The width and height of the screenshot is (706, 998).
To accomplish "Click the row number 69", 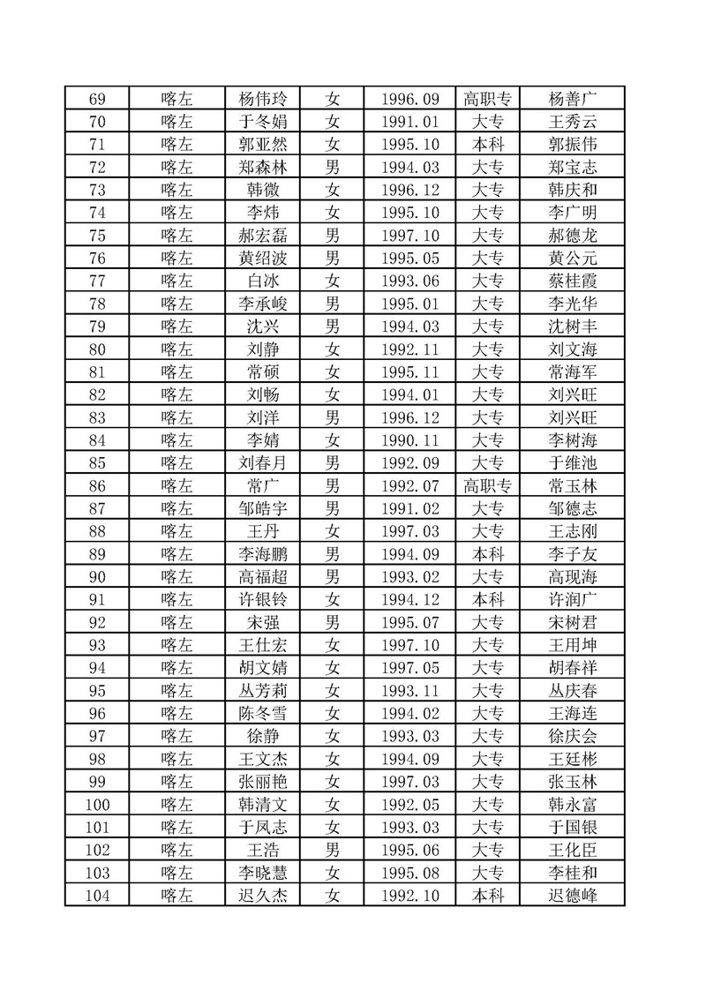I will (x=97, y=99).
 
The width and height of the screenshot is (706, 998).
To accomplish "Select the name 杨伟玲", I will (x=264, y=99).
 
